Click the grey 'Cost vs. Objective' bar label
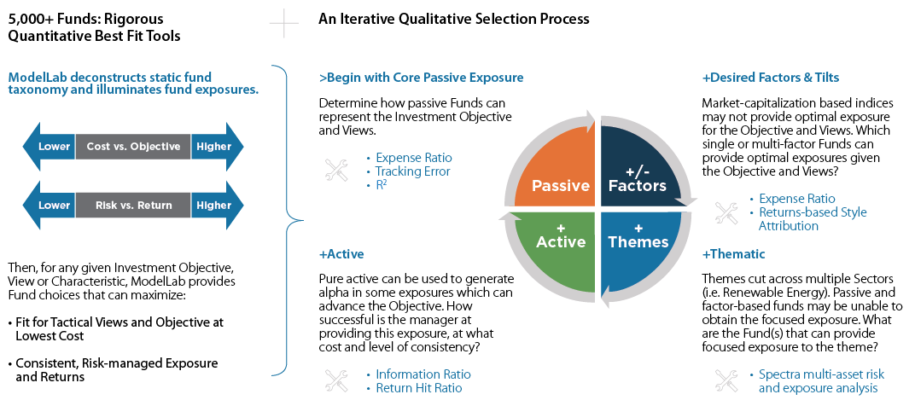point(133,147)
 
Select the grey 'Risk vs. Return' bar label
point(133,205)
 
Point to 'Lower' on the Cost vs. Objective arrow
point(54,147)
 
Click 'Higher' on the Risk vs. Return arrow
point(213,205)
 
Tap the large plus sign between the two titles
point(283,24)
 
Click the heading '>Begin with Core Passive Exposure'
point(421,78)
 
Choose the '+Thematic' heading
point(733,254)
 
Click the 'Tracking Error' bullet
point(412,171)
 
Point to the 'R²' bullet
point(382,185)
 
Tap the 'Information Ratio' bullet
point(423,374)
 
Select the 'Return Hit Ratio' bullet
point(418,388)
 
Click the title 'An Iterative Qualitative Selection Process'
point(453,19)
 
